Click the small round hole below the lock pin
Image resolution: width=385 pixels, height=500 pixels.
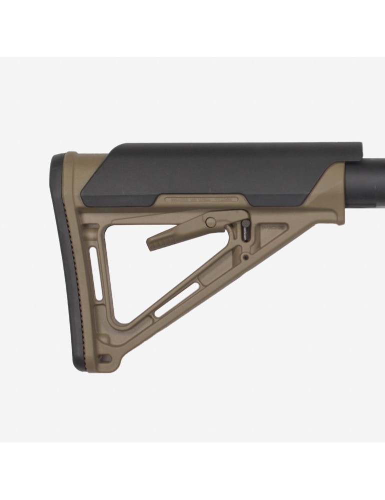(245, 258)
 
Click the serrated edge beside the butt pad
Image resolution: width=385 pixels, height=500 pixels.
(85, 260)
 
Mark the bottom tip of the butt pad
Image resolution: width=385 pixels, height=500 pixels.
(80, 367)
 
